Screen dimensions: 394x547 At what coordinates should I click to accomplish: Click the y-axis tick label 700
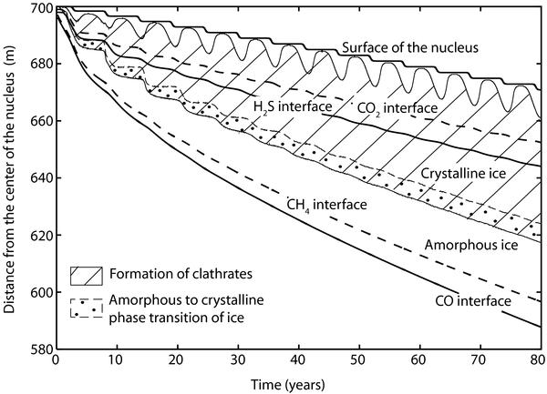click(x=40, y=8)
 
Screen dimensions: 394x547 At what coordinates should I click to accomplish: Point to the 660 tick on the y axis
click(x=40, y=122)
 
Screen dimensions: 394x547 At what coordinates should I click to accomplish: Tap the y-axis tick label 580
click(x=40, y=349)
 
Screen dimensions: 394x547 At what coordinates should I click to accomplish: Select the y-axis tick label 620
click(x=40, y=236)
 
